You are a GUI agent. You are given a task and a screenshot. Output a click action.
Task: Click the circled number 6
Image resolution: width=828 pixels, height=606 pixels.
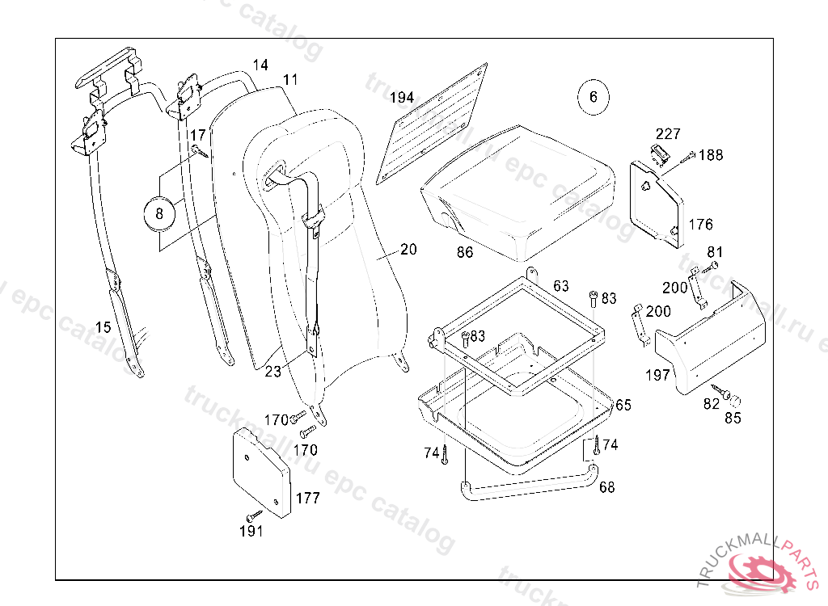click(x=593, y=97)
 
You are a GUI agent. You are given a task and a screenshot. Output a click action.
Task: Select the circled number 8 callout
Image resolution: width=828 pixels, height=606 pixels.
click(x=159, y=214)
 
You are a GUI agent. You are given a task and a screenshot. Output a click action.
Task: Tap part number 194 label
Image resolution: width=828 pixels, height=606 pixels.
click(x=402, y=98)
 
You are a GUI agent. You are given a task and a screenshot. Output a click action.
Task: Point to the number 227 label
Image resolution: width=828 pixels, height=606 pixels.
click(x=668, y=134)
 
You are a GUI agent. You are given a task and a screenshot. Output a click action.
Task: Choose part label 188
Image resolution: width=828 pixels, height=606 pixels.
click(x=712, y=155)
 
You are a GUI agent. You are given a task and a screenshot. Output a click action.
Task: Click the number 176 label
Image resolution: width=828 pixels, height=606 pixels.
click(x=701, y=224)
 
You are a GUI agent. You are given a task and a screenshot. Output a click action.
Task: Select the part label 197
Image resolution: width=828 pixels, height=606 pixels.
click(x=657, y=375)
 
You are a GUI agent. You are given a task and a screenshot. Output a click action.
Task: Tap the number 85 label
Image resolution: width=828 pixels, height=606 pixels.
click(x=733, y=418)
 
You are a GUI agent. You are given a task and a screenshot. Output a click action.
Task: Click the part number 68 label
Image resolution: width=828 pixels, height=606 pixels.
click(x=606, y=486)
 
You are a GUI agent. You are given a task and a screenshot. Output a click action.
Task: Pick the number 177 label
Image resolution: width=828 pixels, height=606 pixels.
click(x=307, y=498)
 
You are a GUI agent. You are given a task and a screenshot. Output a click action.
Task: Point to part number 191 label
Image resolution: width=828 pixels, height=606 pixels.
click(x=251, y=531)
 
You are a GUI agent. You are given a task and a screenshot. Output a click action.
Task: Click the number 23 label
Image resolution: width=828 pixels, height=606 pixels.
click(x=273, y=372)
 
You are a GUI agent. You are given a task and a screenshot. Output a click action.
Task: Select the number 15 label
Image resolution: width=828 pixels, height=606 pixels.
click(x=103, y=327)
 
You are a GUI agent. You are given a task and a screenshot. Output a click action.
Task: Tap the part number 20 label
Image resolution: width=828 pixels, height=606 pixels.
click(x=408, y=250)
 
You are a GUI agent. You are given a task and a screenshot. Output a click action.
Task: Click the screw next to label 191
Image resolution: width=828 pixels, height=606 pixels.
click(x=254, y=515)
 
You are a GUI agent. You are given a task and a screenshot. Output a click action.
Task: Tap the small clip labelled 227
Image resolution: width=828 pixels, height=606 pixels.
click(x=659, y=153)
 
